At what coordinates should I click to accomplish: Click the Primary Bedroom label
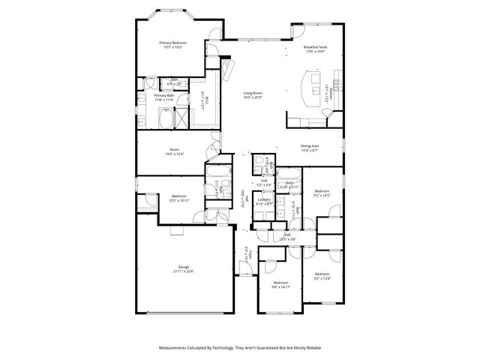point(172,43)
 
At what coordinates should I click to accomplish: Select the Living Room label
point(253,93)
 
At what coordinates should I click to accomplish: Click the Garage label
point(184,267)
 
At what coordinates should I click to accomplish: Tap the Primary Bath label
point(164,95)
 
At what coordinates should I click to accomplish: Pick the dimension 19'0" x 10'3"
point(175,154)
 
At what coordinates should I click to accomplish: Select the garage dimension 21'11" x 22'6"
point(184,271)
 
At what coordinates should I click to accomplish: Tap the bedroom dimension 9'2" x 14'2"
point(322,196)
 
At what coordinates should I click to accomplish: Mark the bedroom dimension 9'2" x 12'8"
point(322,277)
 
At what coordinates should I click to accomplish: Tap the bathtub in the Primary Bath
point(181,118)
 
